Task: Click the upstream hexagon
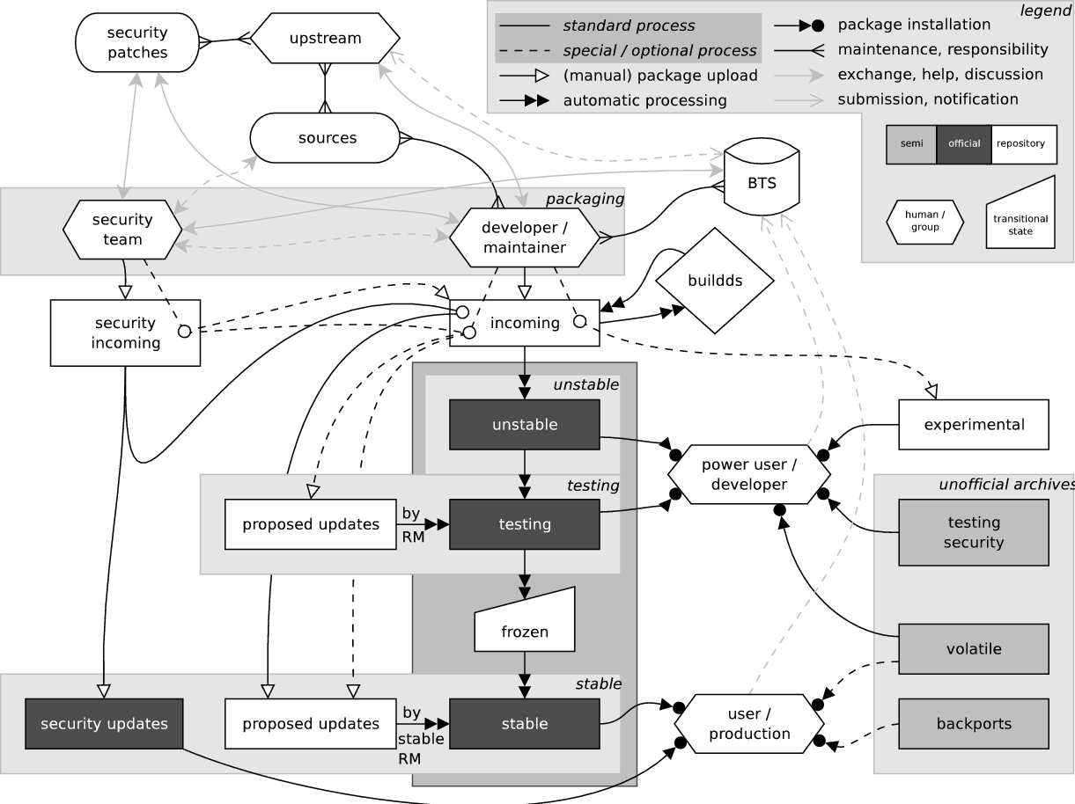[x=326, y=39]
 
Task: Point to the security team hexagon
[x=122, y=230]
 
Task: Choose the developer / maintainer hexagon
[x=524, y=238]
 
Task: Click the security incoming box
[x=125, y=333]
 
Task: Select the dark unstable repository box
[x=525, y=425]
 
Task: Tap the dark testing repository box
[x=525, y=524]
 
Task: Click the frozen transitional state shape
[x=525, y=624]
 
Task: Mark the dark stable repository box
[x=525, y=724]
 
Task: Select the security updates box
[x=104, y=724]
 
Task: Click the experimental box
[x=974, y=425]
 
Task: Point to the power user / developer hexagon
[x=749, y=474]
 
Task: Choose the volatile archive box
[x=974, y=649]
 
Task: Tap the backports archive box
[x=974, y=724]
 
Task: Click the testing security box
[x=974, y=532]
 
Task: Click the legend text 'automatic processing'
[x=645, y=100]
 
